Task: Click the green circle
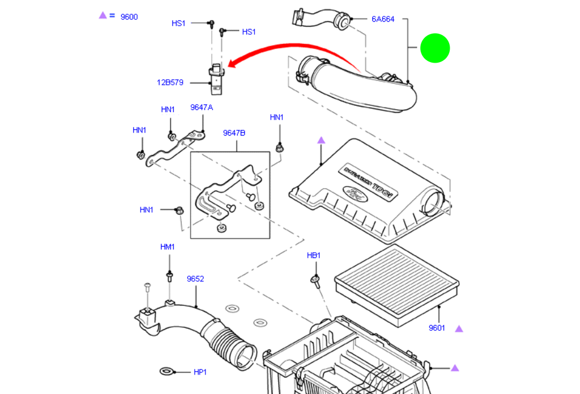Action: point(435,48)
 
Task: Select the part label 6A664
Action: point(382,19)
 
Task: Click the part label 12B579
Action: point(170,83)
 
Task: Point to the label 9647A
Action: point(201,107)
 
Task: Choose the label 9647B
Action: point(234,133)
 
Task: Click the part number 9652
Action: point(195,279)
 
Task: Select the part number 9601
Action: point(437,328)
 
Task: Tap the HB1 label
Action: point(314,256)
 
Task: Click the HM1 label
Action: point(167,247)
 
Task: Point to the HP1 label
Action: point(200,372)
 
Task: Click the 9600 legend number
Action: point(129,17)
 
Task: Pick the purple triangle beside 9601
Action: point(459,329)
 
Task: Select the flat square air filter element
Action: point(397,283)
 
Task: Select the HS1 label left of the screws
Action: point(178,23)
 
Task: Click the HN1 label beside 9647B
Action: point(277,117)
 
